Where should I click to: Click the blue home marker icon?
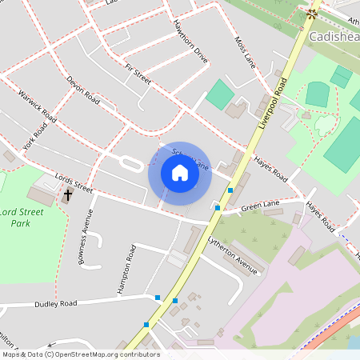point(179,173)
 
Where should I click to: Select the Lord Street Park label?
point(21,218)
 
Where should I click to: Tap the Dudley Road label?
point(55,304)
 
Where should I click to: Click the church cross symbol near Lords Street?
point(68,194)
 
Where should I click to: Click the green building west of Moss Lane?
point(219,94)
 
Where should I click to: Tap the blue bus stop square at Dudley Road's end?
point(157,298)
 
